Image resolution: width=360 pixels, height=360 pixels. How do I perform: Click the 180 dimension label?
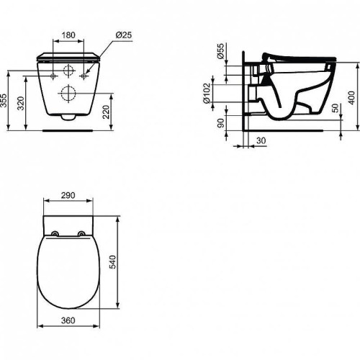pos(68,35)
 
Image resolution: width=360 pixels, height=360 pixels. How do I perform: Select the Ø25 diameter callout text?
pos(124,35)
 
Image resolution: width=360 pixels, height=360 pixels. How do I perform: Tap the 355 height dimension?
pos(4,101)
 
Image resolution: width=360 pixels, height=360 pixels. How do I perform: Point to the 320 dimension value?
pos(21,103)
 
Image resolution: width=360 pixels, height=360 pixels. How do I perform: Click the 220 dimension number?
pos(106,112)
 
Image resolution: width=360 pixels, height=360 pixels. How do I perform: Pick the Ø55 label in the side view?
pos(220,51)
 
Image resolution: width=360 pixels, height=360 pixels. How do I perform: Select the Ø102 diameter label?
pos(207,93)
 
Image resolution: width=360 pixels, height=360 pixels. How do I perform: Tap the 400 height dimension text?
pos(351,98)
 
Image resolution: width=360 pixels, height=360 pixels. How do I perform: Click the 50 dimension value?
pos(336,108)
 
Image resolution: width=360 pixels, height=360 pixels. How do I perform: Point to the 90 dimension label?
pos(220,123)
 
